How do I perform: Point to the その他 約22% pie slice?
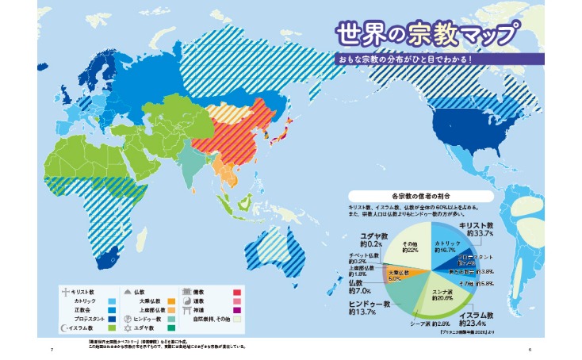(409, 245)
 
